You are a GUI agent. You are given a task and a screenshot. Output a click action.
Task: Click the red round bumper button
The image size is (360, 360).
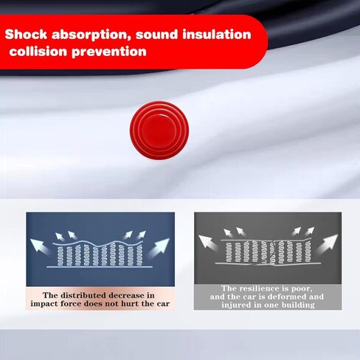tap(159, 130)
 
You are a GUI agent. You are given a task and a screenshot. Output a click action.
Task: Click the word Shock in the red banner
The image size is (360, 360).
tap(26, 34)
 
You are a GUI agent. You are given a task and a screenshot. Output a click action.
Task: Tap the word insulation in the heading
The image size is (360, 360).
tap(217, 34)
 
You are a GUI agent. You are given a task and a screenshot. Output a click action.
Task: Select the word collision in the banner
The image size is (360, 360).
tap(38, 52)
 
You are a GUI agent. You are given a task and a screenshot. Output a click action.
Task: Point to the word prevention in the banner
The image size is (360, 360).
tap(109, 52)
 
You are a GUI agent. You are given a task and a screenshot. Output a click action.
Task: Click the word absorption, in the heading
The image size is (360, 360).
tap(91, 35)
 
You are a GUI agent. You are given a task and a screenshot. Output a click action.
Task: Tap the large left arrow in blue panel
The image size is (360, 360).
tap(39, 246)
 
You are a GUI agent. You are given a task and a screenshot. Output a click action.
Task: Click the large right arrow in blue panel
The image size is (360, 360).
tap(159, 247)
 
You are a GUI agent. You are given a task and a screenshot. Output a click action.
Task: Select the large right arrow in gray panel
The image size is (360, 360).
tap(327, 244)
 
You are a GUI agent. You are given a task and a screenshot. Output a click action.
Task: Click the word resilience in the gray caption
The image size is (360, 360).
tap(263, 288)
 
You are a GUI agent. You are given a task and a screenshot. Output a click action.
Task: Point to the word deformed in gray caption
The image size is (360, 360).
tap(287, 297)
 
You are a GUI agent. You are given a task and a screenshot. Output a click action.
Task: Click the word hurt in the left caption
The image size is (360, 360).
tap(130, 304)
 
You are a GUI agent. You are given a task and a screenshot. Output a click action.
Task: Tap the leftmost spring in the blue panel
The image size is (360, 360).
tap(60, 256)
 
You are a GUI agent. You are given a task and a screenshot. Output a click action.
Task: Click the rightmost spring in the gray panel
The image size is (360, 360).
tap(308, 251)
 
